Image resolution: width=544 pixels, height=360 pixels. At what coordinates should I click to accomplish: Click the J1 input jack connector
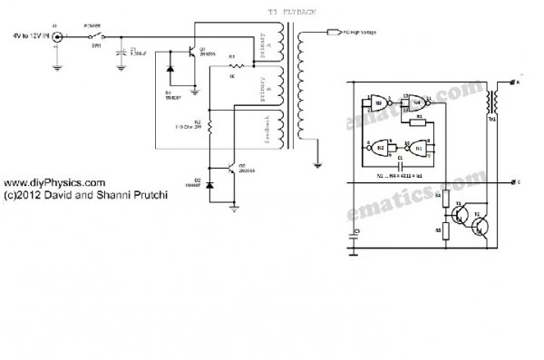coord(59,37)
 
